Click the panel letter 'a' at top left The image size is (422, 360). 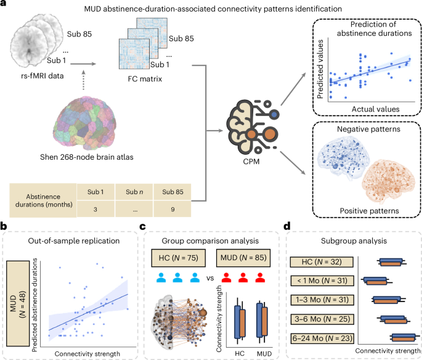click(4, 6)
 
